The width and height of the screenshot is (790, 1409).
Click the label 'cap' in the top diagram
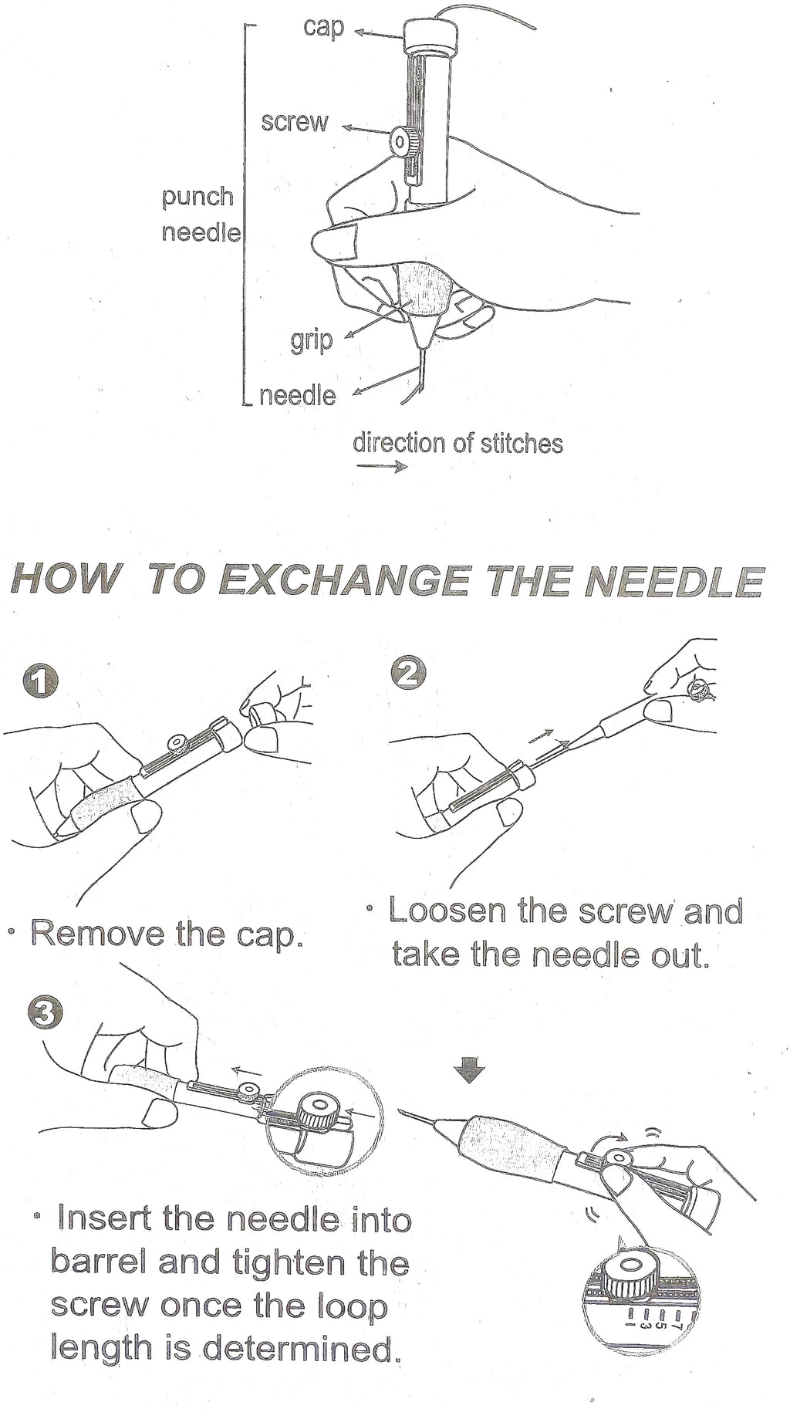pyautogui.click(x=324, y=28)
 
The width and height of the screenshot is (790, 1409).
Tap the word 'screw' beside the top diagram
pyautogui.click(x=295, y=122)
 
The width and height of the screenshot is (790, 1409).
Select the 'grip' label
pyautogui.click(x=311, y=340)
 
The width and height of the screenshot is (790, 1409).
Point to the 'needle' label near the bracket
pyautogui.click(x=297, y=396)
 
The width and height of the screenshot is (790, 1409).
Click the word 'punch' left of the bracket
pyautogui.click(x=197, y=197)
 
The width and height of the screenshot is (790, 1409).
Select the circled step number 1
pyautogui.click(x=40, y=682)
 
